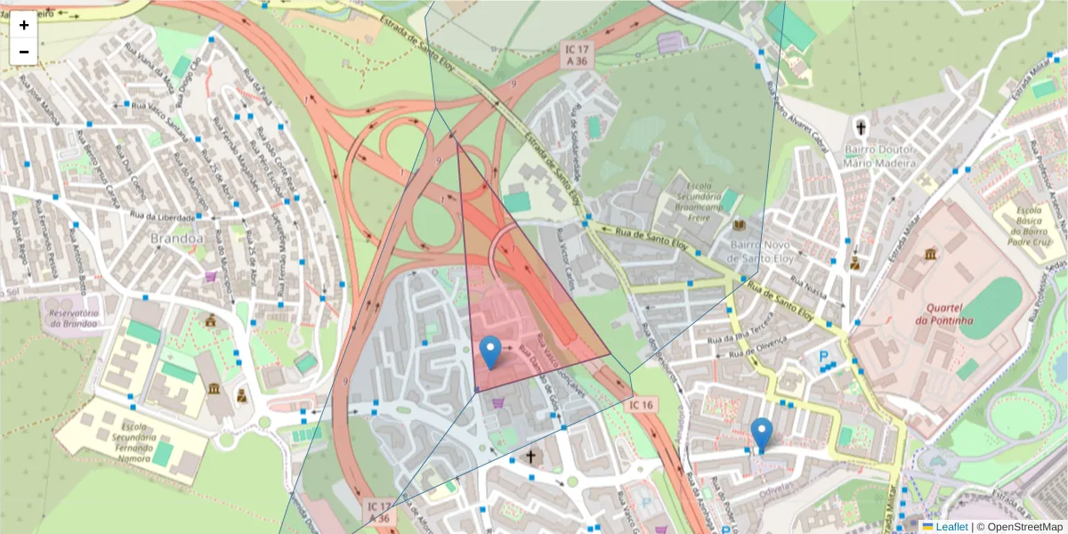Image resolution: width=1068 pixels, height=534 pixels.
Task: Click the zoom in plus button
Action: click(24, 25)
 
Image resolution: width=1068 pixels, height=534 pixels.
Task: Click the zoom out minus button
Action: click(24, 52)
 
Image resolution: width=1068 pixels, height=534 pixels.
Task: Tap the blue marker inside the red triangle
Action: click(489, 352)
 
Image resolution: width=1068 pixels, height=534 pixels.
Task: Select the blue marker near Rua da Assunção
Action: click(761, 434)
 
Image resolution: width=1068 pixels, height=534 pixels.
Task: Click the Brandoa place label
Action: click(177, 239)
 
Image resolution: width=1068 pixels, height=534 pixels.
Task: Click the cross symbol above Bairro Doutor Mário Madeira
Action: click(861, 126)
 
